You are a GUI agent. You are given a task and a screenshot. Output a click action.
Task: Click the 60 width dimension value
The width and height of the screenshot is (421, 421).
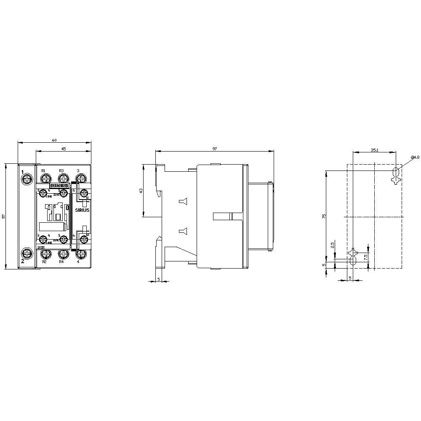[x=54, y=140]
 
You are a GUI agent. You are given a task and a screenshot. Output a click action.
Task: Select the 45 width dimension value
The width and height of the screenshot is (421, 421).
[x=64, y=148]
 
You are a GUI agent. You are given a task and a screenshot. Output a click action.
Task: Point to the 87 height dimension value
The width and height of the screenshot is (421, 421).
[x=3, y=216]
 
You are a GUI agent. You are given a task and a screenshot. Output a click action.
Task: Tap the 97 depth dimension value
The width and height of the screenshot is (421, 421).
[x=214, y=149]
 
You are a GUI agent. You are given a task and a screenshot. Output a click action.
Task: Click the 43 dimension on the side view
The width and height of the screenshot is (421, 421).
[x=141, y=190]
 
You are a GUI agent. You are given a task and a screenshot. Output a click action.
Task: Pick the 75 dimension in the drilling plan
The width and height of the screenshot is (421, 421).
[x=324, y=216]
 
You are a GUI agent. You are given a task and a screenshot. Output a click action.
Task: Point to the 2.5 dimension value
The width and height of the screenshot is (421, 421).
[x=332, y=245]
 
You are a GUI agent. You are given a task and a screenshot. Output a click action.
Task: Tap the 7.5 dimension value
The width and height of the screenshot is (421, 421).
[x=365, y=256]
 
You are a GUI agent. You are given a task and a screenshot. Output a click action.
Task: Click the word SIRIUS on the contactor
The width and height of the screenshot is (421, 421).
[x=83, y=210]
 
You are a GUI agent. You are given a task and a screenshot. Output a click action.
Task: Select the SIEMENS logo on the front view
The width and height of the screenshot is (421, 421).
[x=59, y=185]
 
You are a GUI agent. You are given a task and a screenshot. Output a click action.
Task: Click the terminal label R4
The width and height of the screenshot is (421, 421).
[x=61, y=262]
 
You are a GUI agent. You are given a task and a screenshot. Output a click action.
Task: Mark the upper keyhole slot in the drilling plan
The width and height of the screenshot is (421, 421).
[x=395, y=175]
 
